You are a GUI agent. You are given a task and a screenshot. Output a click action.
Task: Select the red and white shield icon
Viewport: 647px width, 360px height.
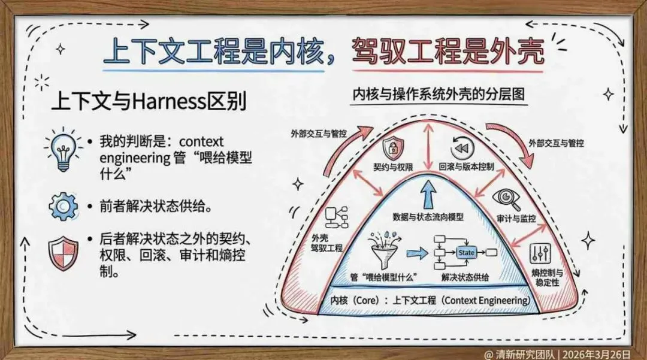[63, 253]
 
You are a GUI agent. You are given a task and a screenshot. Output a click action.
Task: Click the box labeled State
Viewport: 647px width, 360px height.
[466, 253]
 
